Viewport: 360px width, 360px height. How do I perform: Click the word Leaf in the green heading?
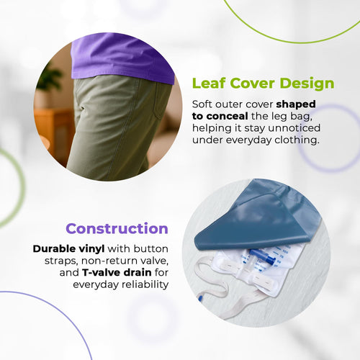(x=209, y=84)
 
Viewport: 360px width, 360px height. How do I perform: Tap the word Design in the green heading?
(x=307, y=84)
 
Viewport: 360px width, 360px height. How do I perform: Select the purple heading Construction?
(x=117, y=228)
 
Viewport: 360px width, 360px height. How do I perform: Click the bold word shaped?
(x=296, y=104)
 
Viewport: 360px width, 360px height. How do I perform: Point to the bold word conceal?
(x=227, y=117)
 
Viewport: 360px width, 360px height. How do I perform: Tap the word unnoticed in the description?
(x=294, y=128)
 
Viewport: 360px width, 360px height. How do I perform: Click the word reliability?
(x=145, y=285)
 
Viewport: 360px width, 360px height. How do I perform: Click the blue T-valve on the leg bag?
(x=263, y=256)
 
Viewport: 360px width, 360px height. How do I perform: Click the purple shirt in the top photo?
(x=122, y=59)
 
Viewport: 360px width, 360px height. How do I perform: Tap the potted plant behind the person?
(x=50, y=83)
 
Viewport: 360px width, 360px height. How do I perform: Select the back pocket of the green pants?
(x=162, y=101)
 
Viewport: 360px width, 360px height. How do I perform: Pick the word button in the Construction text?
(x=151, y=249)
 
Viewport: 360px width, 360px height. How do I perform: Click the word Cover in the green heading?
(x=252, y=84)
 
